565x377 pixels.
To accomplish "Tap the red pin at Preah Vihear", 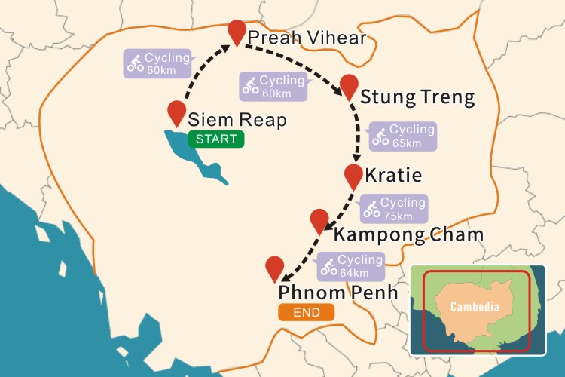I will click(237, 31).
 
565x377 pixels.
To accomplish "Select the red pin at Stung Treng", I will click(349, 84).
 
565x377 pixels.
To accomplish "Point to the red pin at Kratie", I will click(353, 174).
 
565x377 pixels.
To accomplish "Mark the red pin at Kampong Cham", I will click(319, 219).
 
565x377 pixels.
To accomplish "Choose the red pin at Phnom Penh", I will click(275, 266).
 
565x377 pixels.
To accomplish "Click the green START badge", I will click(216, 139).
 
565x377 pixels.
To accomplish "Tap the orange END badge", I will click(307, 312).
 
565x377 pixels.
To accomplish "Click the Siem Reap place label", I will click(237, 119).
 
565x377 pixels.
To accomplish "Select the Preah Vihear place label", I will click(307, 38).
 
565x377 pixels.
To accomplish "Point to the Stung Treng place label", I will click(417, 97).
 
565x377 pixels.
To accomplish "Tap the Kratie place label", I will click(392, 176).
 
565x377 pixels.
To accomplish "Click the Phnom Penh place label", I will click(337, 292).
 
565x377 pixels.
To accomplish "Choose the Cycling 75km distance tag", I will click(393, 208).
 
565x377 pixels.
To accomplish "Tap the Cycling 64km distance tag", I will click(351, 266).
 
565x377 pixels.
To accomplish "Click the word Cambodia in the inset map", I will click(475, 307).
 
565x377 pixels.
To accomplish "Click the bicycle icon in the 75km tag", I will click(371, 210).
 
